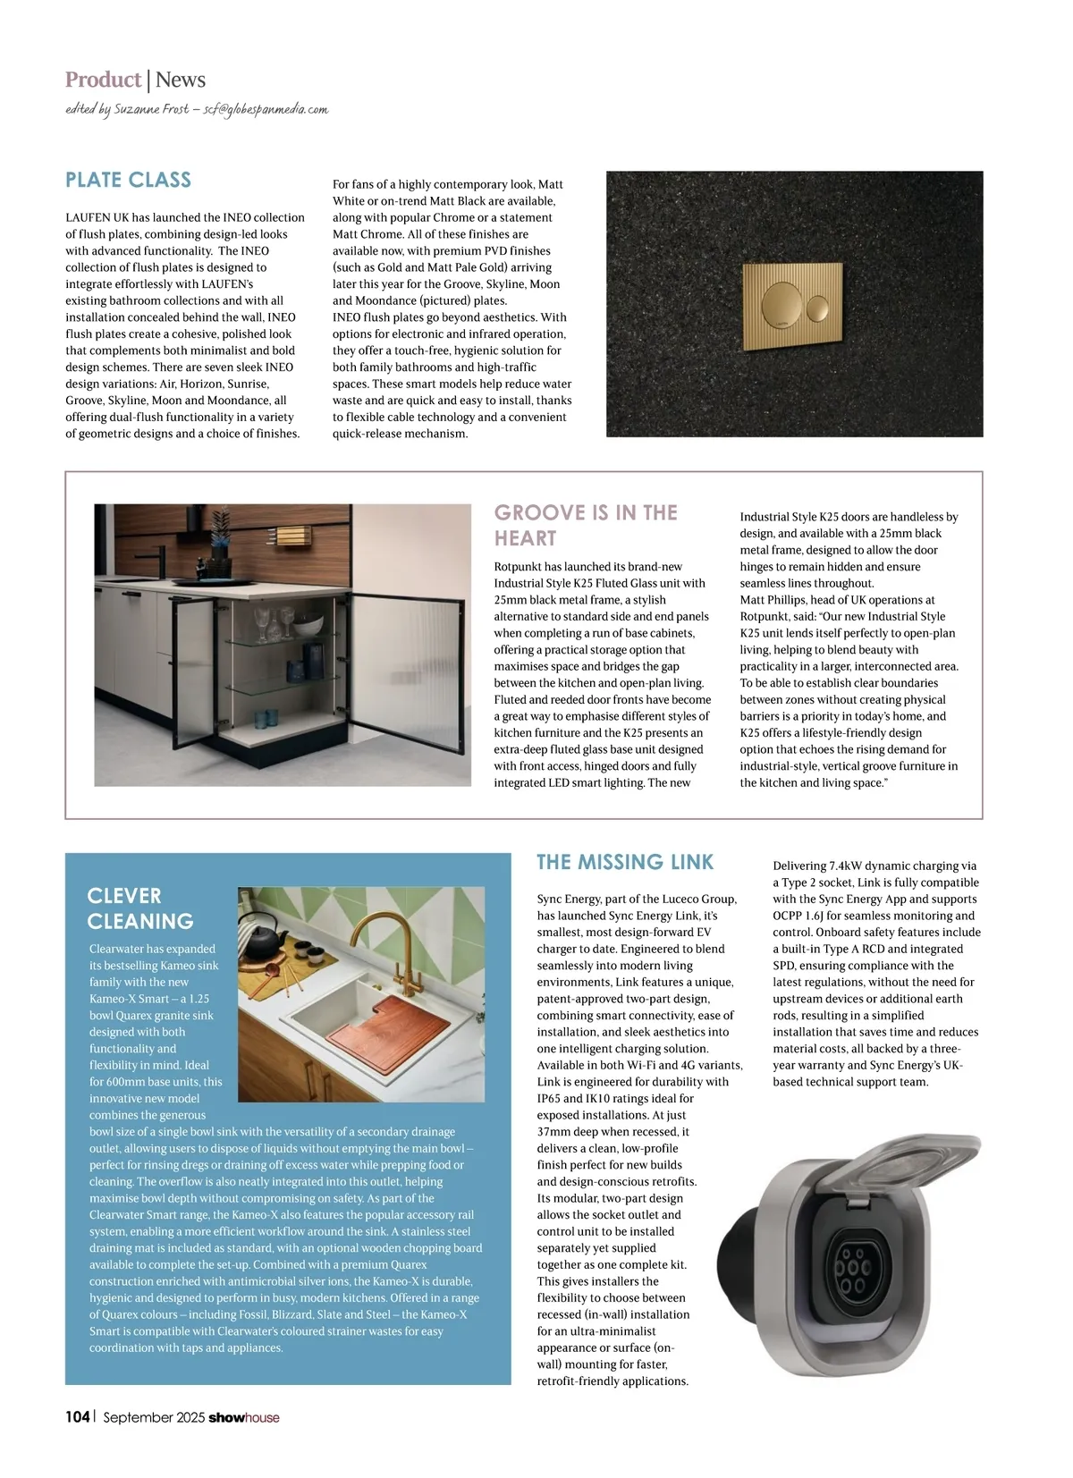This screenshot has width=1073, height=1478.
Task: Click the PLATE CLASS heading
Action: (128, 180)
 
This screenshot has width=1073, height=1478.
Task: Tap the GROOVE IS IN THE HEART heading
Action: (586, 525)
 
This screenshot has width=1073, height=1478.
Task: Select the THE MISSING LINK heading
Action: (625, 862)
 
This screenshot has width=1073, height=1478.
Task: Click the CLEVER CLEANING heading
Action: (140, 908)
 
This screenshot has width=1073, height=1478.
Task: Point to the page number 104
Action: (77, 1417)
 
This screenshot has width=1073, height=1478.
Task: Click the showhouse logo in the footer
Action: (243, 1417)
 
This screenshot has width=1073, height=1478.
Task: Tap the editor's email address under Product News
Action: (266, 109)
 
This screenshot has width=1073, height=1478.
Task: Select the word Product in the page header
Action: (103, 80)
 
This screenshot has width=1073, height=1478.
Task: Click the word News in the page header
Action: (181, 80)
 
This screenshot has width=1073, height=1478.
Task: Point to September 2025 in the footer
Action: (154, 1417)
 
